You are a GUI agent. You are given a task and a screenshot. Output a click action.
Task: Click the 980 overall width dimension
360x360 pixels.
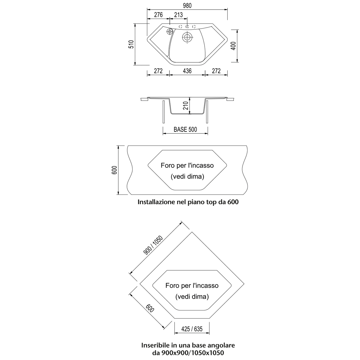click(x=187, y=6)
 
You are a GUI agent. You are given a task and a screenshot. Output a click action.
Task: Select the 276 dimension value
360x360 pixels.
click(x=158, y=15)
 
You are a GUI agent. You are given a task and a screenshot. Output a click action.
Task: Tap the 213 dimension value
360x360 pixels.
click(x=178, y=15)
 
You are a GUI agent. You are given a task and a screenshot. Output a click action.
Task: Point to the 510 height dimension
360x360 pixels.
click(x=132, y=44)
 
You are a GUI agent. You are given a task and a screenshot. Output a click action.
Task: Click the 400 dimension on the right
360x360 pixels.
click(x=233, y=46)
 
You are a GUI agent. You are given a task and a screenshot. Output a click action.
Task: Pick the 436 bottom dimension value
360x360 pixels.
click(x=187, y=71)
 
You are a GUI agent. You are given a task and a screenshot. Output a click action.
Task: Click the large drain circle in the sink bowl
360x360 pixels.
click(x=187, y=37)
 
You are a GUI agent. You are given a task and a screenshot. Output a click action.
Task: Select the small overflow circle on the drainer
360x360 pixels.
click(x=169, y=31)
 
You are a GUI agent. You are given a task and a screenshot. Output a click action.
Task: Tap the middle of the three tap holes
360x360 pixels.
click(x=187, y=27)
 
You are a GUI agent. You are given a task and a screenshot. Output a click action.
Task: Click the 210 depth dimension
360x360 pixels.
click(x=185, y=106)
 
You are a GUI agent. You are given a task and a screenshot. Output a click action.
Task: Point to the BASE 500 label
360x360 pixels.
click(x=185, y=130)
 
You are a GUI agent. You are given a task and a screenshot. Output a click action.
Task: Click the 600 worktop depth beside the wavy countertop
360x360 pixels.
click(x=114, y=170)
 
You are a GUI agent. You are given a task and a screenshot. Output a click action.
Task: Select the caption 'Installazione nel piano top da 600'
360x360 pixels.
click(x=188, y=202)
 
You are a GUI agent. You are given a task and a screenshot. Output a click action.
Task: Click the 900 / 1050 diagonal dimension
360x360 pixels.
click(x=153, y=245)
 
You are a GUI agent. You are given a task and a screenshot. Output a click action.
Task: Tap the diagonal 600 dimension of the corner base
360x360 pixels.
click(x=150, y=308)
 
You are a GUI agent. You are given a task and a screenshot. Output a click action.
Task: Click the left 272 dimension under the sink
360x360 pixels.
click(x=158, y=71)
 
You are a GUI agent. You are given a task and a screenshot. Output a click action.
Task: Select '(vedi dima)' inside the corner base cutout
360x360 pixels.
click(x=192, y=297)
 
